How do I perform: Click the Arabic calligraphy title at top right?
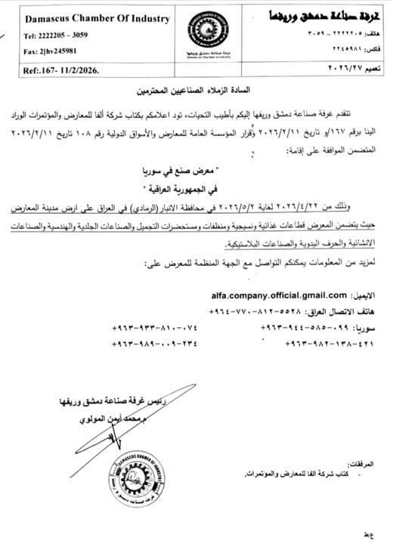tap(326, 14)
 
